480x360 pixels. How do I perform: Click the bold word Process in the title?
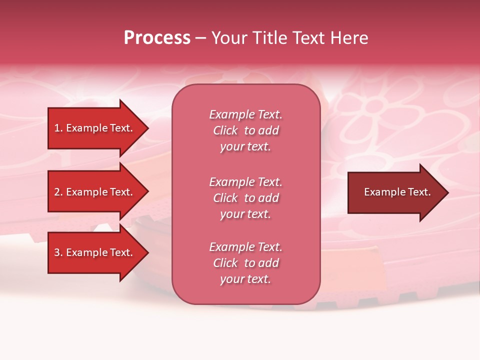tap(157, 38)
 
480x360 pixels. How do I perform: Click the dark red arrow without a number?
tap(395, 192)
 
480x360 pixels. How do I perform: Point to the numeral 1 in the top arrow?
tap(56, 128)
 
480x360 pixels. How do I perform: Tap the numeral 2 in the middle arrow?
tap(57, 192)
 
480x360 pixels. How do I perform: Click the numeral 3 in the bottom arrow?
tap(57, 252)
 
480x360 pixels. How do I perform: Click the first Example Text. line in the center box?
tap(245, 114)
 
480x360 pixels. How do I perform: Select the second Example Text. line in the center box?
tap(245, 182)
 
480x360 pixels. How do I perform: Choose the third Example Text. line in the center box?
tap(245, 247)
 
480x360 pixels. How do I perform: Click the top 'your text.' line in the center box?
tap(245, 146)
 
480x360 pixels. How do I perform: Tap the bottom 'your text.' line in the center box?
tap(245, 279)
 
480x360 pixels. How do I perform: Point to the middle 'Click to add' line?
tap(245, 198)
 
